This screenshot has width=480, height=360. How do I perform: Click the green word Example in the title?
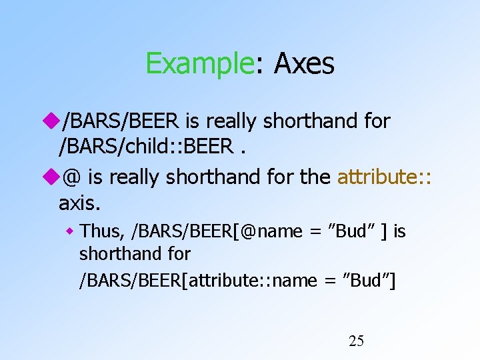(x=197, y=64)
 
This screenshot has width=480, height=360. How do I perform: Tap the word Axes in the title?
(x=303, y=64)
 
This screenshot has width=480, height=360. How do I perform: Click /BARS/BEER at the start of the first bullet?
(x=120, y=121)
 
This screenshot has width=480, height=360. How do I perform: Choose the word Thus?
(x=103, y=231)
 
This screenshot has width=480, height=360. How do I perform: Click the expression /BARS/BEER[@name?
(x=217, y=231)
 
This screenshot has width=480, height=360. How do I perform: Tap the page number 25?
(x=357, y=342)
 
